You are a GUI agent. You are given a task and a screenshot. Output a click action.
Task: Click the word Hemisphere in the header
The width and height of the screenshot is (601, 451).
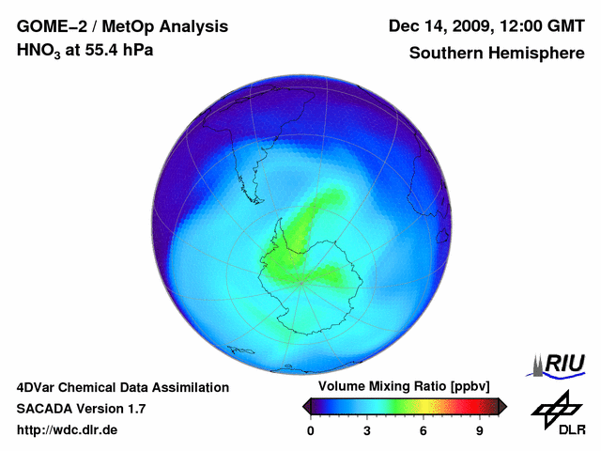[538, 53]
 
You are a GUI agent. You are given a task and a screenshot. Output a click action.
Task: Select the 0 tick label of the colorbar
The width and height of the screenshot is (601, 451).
[311, 431]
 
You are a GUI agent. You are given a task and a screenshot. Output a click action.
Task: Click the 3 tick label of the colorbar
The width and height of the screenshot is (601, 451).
[367, 431]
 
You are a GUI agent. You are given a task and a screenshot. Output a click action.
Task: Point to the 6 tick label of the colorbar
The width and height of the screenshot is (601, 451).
[424, 431]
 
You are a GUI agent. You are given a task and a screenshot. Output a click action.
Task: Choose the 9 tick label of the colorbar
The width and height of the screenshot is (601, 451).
[480, 431]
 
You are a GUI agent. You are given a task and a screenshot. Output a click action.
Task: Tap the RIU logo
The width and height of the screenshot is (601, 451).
[561, 364]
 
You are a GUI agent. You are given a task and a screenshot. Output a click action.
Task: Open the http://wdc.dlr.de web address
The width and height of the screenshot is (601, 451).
[68, 431]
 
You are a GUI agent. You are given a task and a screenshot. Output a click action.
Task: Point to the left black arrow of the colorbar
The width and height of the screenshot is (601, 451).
[307, 406]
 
